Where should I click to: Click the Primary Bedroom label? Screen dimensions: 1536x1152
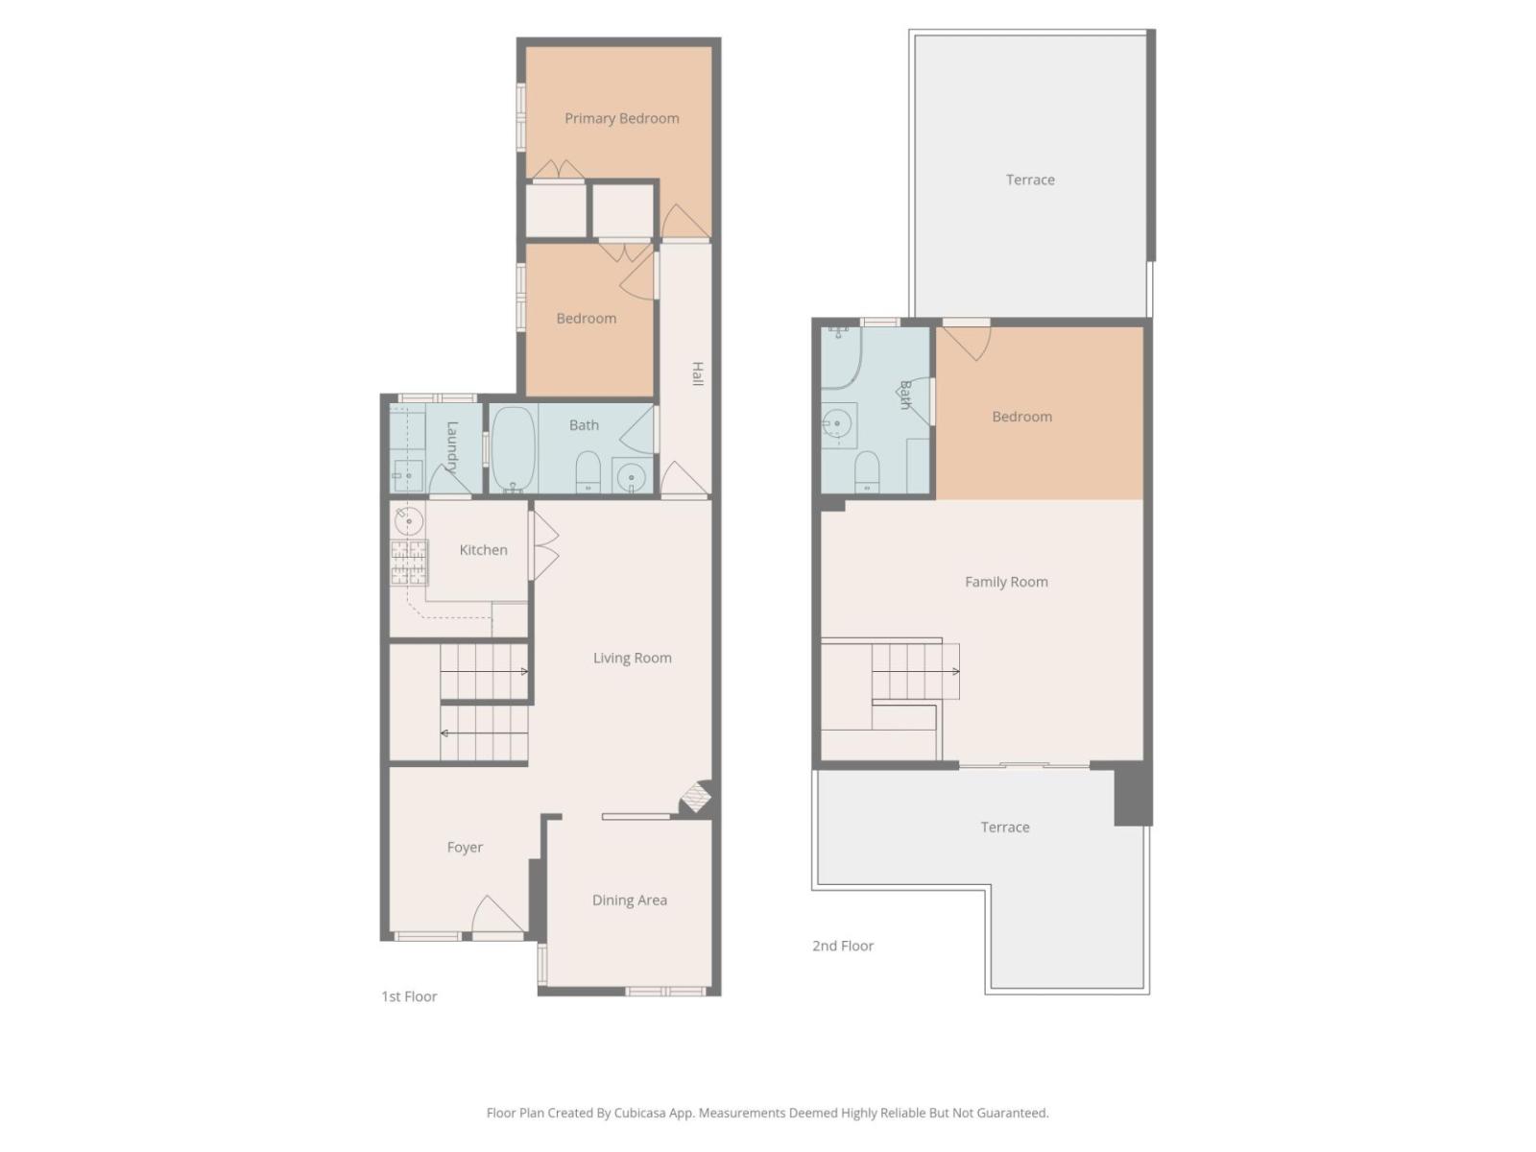pyautogui.click(x=621, y=118)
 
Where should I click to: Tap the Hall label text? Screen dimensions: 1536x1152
pyautogui.click(x=698, y=373)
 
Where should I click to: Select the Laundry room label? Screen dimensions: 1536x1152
pyautogui.click(x=452, y=447)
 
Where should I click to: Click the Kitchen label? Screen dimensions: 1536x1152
pyautogui.click(x=483, y=550)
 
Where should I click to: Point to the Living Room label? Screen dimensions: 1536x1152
pyautogui.click(x=632, y=658)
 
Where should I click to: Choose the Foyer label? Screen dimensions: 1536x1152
pyautogui.click(x=465, y=847)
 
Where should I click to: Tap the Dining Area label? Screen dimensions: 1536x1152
pyautogui.click(x=629, y=900)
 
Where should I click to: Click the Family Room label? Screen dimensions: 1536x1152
pyautogui.click(x=1006, y=582)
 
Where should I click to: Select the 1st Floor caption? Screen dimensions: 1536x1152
pyautogui.click(x=409, y=996)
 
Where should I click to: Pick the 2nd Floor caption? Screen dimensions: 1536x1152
pyautogui.click(x=843, y=946)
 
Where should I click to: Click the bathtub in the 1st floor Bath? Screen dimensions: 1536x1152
pyautogui.click(x=513, y=449)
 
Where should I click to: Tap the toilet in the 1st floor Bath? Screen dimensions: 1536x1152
pyautogui.click(x=588, y=472)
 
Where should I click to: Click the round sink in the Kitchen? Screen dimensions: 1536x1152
pyautogui.click(x=409, y=521)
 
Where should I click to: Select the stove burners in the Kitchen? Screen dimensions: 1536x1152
pyautogui.click(x=409, y=562)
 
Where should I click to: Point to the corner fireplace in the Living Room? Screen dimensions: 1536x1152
pyautogui.click(x=696, y=798)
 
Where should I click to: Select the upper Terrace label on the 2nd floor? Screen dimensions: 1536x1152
pyautogui.click(x=1030, y=180)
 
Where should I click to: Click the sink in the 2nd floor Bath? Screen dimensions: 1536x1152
pyautogui.click(x=837, y=424)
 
